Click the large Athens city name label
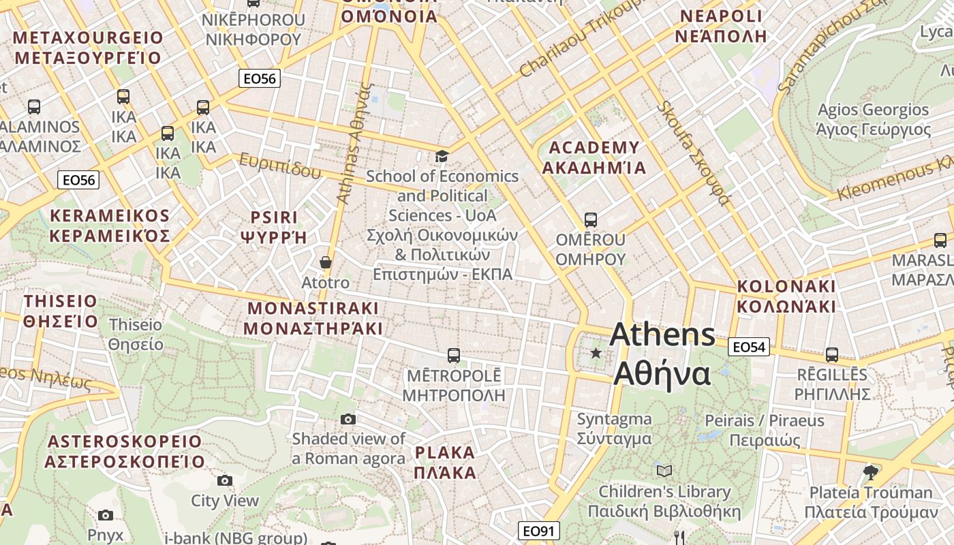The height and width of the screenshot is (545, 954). pyautogui.click(x=662, y=354)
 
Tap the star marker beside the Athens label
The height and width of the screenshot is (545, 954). pyautogui.click(x=596, y=353)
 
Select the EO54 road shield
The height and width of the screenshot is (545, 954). pyautogui.click(x=748, y=347)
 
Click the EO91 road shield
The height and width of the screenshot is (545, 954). pyautogui.click(x=538, y=531)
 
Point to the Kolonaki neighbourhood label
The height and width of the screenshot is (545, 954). pyautogui.click(x=786, y=296)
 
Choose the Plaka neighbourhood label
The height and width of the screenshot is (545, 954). pyautogui.click(x=445, y=463)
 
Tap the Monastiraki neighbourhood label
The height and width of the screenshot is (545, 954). pyautogui.click(x=313, y=318)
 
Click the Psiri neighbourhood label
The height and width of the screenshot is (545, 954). pyautogui.click(x=274, y=227)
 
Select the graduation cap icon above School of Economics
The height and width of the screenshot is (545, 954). pyautogui.click(x=442, y=157)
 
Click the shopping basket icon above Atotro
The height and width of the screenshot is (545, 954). pyautogui.click(x=326, y=262)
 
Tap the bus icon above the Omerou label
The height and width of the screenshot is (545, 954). pyautogui.click(x=591, y=220)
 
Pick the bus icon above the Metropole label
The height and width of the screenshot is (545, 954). pyautogui.click(x=453, y=355)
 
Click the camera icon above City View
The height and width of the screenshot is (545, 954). pyautogui.click(x=225, y=481)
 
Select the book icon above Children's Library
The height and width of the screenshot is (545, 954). pyautogui.click(x=664, y=471)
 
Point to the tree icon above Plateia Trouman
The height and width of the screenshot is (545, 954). pyautogui.click(x=870, y=471)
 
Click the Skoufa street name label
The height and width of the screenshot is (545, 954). pyautogui.click(x=694, y=153)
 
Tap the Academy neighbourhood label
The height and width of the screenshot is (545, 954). pyautogui.click(x=594, y=157)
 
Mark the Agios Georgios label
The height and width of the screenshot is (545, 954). pyautogui.click(x=873, y=119)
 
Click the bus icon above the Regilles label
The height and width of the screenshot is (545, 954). pyautogui.click(x=831, y=354)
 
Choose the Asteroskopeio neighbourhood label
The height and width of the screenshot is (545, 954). pyautogui.click(x=125, y=451)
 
